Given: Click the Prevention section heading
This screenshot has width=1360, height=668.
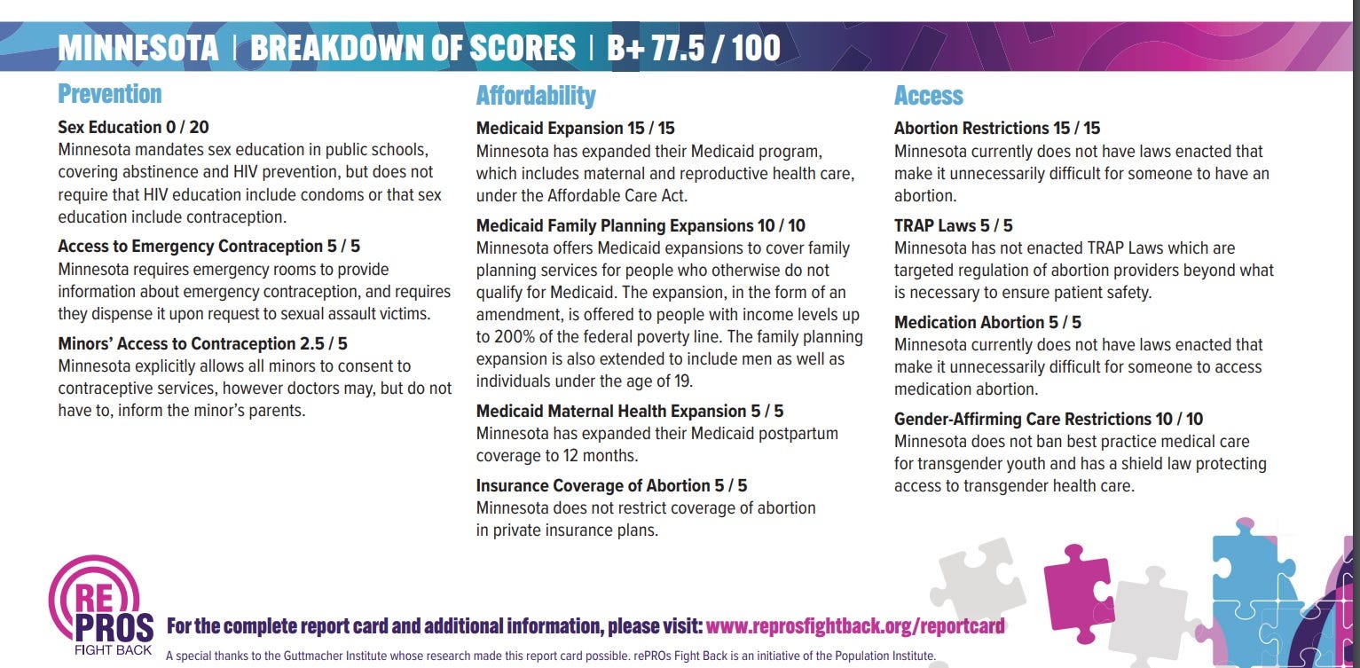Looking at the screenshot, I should (x=110, y=94).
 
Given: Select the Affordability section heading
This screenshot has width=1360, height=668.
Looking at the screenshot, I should (x=536, y=96).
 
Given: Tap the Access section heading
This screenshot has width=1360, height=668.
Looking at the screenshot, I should (x=928, y=96).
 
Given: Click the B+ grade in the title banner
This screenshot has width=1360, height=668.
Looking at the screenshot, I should (x=625, y=48).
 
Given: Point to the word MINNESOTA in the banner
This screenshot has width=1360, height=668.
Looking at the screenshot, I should (x=138, y=48).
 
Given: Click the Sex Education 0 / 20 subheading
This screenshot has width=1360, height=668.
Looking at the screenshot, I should (x=133, y=127).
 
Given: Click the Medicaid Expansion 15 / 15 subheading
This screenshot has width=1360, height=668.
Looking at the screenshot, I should (x=576, y=128).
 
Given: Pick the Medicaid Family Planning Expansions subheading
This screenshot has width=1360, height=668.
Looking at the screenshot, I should (x=641, y=225).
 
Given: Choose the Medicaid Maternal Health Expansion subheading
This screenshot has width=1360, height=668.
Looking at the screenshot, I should (x=630, y=411).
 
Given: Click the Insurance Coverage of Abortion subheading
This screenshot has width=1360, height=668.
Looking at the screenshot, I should (x=611, y=485).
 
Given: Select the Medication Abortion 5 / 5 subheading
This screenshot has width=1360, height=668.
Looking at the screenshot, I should (x=987, y=322).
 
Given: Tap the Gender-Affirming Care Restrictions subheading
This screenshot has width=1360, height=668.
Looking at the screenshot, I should (x=1049, y=419).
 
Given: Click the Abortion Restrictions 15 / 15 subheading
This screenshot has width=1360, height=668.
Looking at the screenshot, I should (x=997, y=128).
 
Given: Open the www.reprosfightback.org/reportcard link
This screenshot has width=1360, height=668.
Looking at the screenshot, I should (x=855, y=626).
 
